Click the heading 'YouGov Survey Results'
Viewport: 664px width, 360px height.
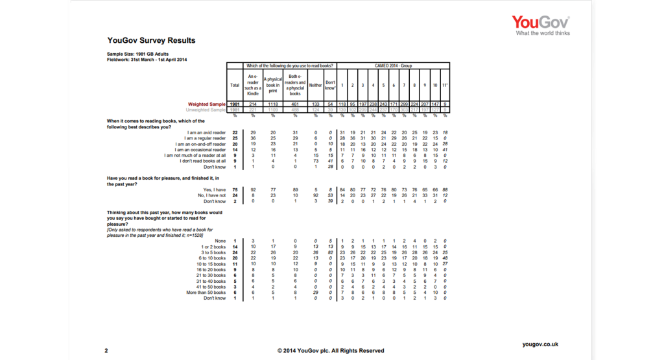point(151,41)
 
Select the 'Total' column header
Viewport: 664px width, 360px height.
point(235,85)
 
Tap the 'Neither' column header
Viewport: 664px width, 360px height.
point(316,85)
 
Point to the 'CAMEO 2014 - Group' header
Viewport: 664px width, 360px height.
point(393,66)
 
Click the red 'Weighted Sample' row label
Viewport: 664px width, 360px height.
point(206,104)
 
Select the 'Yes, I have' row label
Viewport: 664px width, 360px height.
point(213,189)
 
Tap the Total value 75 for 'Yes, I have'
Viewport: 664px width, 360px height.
point(235,189)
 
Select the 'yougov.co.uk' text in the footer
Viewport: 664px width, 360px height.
point(540,344)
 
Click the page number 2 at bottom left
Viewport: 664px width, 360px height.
point(106,350)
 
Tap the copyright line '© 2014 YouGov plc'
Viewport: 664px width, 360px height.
point(330,350)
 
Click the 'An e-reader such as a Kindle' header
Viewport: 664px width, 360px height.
point(253,85)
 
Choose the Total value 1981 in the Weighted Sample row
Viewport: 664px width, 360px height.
point(235,104)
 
